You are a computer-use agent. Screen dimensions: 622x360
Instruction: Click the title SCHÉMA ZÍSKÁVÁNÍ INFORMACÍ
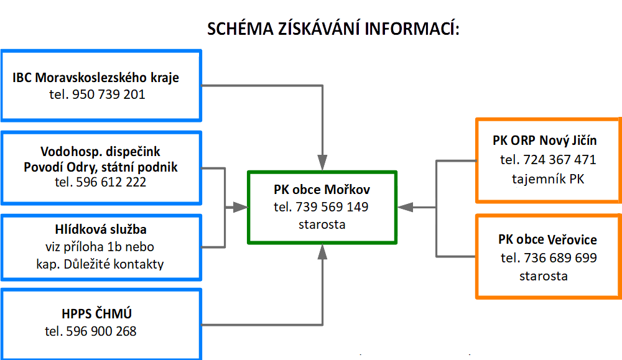[x=333, y=29]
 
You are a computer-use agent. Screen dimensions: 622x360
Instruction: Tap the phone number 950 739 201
[x=109, y=95]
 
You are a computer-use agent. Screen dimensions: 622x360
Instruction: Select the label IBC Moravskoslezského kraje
[x=96, y=78]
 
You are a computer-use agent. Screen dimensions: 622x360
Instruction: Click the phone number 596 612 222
[x=111, y=182]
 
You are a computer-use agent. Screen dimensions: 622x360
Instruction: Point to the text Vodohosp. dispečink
[x=100, y=152]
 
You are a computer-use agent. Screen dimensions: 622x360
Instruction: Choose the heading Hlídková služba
[x=101, y=229]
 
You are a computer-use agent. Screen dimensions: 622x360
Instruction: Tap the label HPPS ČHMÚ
[x=97, y=313]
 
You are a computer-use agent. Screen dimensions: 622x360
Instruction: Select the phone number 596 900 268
[x=101, y=331]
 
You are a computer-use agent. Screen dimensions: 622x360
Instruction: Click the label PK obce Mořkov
[x=322, y=190]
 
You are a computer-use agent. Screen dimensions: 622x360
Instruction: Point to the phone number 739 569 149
[x=332, y=207]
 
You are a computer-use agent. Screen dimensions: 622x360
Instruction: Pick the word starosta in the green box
[x=322, y=224]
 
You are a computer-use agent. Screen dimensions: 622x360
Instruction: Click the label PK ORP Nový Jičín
[x=545, y=141]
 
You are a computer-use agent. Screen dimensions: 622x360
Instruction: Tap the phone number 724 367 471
[x=560, y=160]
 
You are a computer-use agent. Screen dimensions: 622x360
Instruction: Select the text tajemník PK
[x=548, y=179]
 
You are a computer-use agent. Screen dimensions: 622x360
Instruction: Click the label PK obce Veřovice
[x=547, y=239]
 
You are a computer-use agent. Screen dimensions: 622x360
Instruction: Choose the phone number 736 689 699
[x=560, y=258]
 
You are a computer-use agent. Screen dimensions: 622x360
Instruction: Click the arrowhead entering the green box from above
[x=322, y=162]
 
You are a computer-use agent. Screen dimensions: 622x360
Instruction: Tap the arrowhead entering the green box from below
[x=322, y=252]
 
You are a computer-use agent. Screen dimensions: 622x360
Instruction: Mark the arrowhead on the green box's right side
[x=406, y=207]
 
